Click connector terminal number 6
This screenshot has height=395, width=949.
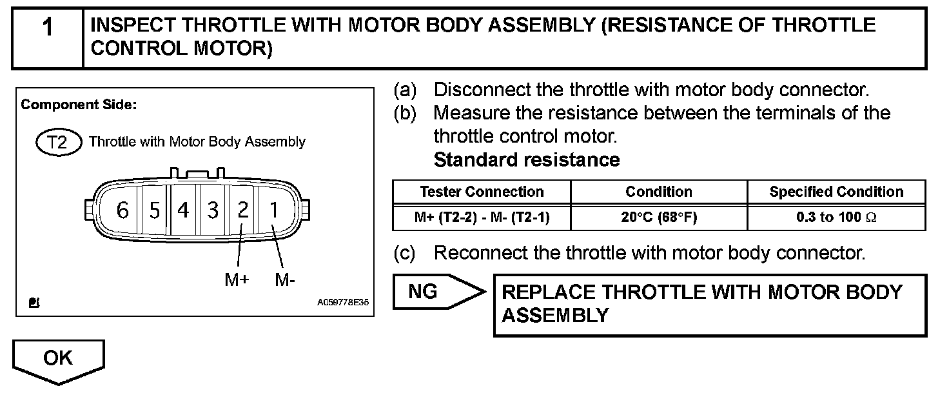[122, 210]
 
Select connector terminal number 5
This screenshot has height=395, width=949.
[154, 210]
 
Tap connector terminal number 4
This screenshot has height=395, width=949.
[184, 210]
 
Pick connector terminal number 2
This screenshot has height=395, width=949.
[242, 210]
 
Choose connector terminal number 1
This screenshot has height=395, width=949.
[274, 210]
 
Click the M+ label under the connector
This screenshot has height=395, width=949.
[237, 279]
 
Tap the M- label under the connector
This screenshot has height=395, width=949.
[285, 279]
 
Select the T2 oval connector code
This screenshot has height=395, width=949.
[58, 142]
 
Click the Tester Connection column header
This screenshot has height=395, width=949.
[482, 192]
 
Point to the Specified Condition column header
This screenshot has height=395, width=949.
[836, 192]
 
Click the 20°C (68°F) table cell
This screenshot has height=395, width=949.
[659, 218]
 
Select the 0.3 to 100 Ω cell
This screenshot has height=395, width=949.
[836, 218]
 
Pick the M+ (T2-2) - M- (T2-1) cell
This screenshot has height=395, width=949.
[482, 218]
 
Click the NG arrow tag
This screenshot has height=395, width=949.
[432, 292]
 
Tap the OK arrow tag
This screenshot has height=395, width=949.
[58, 359]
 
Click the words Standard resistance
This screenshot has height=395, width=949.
[527, 160]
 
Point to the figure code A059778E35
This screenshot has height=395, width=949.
[342, 301]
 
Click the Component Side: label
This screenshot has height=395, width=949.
[79, 105]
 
